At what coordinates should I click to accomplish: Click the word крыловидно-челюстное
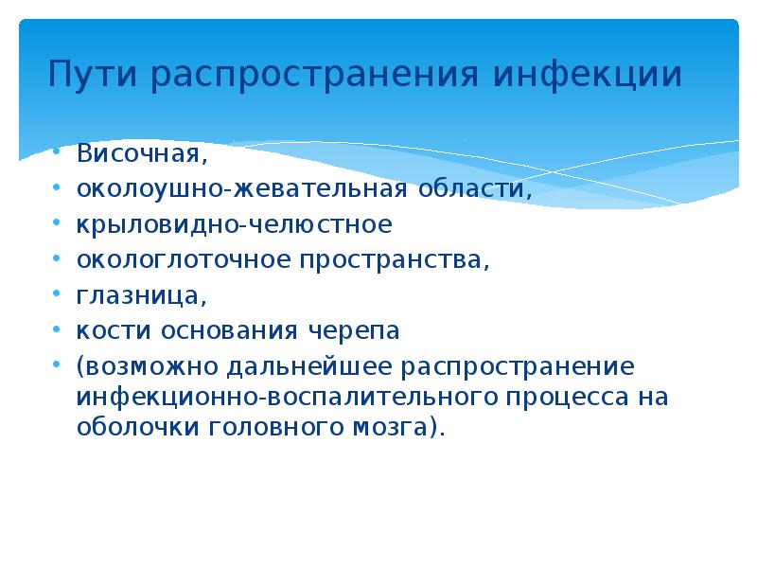(234, 224)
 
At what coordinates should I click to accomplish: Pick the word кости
(106, 332)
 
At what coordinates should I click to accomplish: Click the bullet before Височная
(59, 152)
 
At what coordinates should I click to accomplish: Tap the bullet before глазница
(59, 296)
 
